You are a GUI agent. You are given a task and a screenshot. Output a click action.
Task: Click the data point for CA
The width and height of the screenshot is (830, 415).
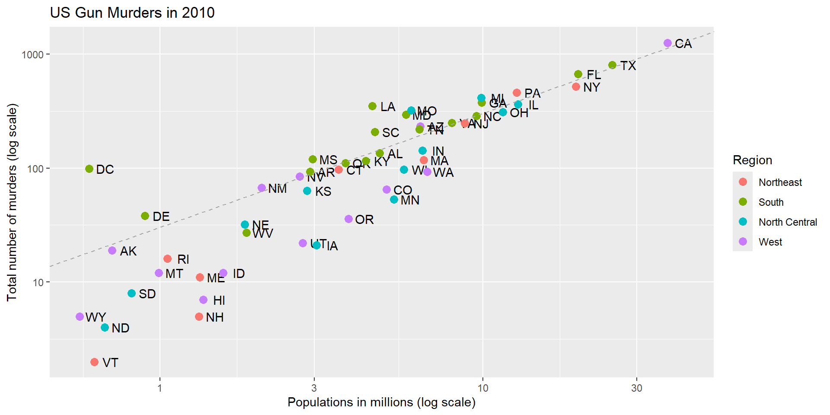click(x=667, y=43)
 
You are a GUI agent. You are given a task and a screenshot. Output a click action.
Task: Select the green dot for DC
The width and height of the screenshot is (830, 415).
click(x=89, y=169)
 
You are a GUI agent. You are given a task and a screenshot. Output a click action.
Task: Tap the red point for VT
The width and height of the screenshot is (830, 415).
click(x=94, y=362)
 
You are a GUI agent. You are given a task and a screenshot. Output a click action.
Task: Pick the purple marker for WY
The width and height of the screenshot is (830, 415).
click(x=80, y=317)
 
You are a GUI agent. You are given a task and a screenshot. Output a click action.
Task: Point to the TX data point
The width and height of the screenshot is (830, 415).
click(x=612, y=65)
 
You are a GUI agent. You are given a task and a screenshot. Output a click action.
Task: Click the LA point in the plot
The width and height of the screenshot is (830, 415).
click(x=372, y=106)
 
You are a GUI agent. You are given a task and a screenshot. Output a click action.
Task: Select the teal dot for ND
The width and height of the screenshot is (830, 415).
click(x=105, y=328)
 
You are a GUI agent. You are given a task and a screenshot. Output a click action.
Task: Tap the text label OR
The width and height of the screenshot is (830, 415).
click(x=364, y=220)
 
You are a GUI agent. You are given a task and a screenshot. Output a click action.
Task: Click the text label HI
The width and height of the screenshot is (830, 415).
click(x=219, y=300)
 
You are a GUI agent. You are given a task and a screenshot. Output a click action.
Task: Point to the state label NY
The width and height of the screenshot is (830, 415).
click(x=591, y=87)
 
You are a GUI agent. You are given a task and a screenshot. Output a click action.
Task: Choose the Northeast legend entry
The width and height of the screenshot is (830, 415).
click(x=780, y=182)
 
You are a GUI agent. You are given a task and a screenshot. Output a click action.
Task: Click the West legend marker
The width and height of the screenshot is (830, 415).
click(x=743, y=242)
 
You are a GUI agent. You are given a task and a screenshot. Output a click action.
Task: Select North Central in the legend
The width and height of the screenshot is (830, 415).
click(x=788, y=222)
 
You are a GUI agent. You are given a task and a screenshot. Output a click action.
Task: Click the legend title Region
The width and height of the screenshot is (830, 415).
click(x=752, y=160)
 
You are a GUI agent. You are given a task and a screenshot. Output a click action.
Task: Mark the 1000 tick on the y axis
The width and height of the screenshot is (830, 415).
click(x=33, y=54)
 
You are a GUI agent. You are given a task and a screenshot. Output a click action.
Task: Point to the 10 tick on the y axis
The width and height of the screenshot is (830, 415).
click(x=38, y=282)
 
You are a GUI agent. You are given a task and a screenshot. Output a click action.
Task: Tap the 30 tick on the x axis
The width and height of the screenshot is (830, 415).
click(x=636, y=388)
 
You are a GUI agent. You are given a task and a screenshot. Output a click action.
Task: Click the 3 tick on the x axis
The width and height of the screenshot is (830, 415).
click(x=314, y=388)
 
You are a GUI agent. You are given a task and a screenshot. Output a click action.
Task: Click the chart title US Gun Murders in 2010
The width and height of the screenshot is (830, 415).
click(x=132, y=13)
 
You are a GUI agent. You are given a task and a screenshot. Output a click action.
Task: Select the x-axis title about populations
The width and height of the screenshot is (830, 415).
click(x=381, y=402)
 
